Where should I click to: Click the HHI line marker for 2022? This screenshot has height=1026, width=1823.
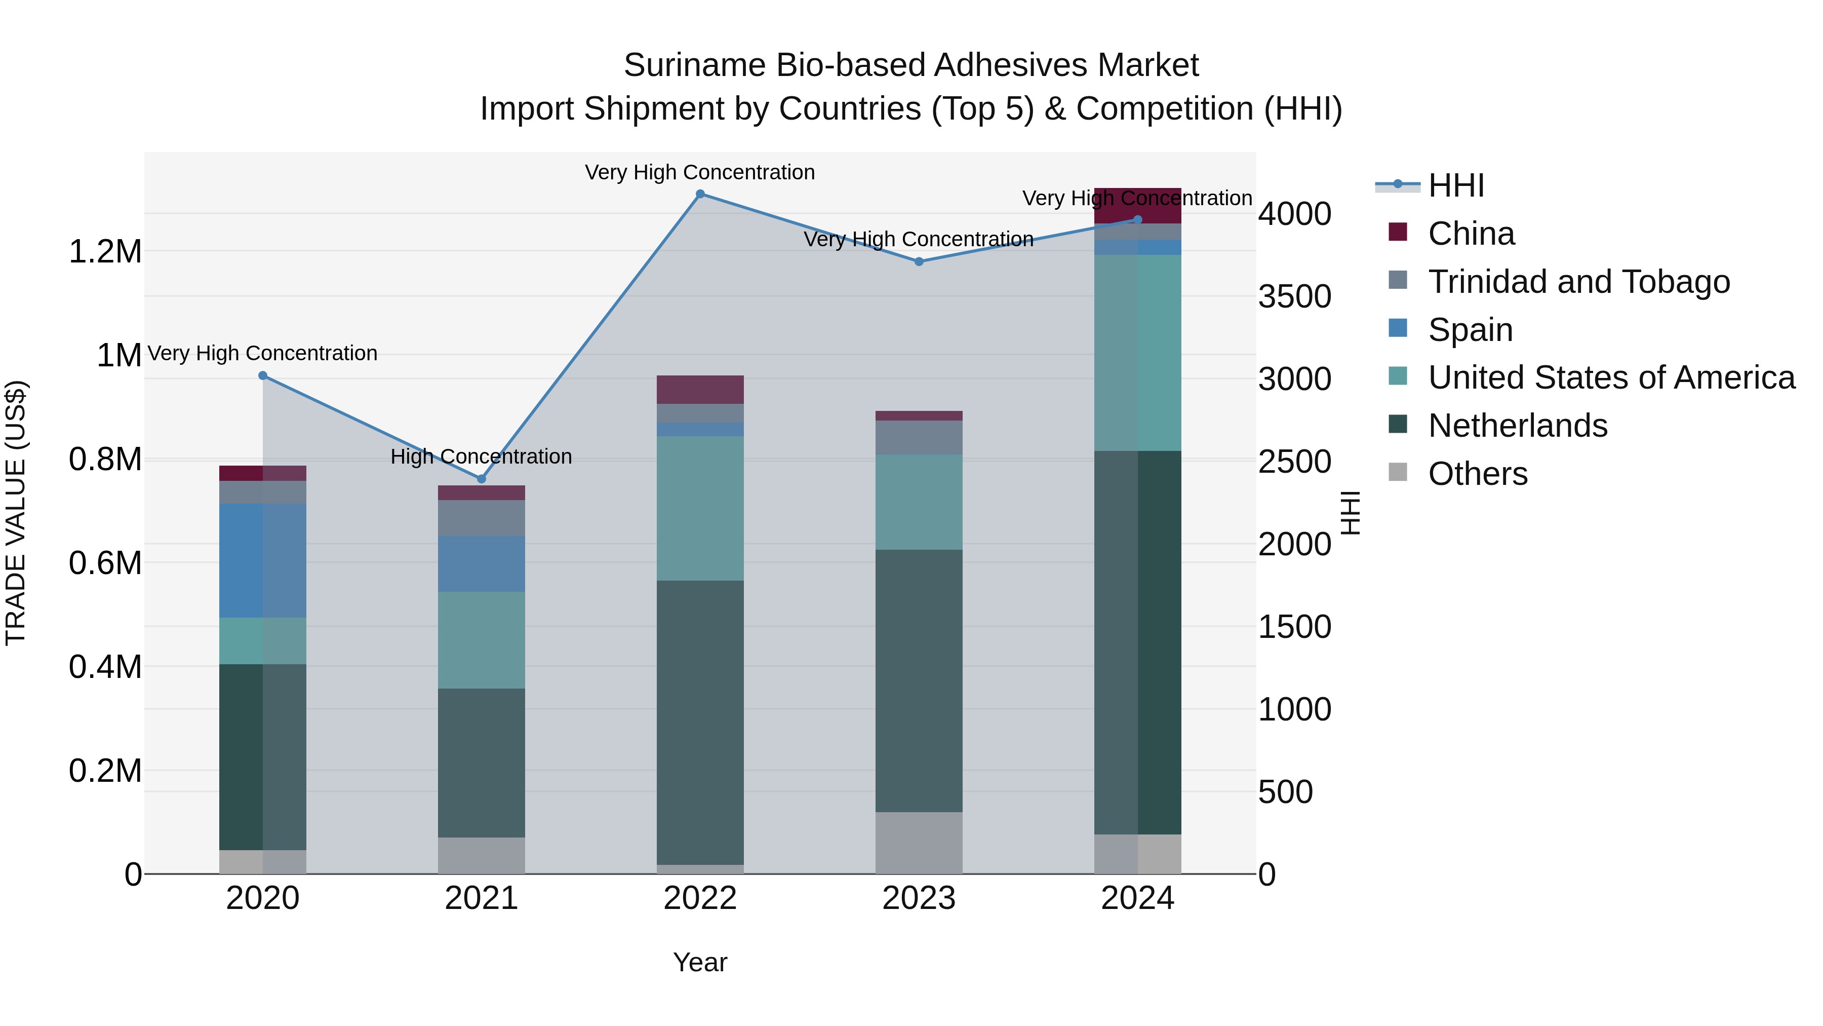(700, 194)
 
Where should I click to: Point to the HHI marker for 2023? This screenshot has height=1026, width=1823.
(919, 261)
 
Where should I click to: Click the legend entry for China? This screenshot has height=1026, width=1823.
(1471, 234)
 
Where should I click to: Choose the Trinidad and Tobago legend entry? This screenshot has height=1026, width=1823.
(1578, 282)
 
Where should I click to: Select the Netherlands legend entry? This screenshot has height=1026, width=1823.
(1517, 426)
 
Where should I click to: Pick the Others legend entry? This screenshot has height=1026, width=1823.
(1477, 474)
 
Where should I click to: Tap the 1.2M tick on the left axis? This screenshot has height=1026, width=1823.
(105, 251)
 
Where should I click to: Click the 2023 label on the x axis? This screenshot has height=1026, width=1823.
(919, 898)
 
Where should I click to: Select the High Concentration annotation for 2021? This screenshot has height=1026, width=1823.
(481, 457)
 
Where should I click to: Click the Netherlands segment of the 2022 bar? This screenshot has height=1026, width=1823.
(700, 722)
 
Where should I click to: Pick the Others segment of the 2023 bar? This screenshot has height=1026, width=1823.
(919, 843)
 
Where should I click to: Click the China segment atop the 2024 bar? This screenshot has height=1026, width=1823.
(1137, 205)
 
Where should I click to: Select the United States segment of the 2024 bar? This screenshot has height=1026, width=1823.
(1137, 353)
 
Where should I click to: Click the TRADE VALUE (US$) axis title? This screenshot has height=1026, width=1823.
(16, 513)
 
